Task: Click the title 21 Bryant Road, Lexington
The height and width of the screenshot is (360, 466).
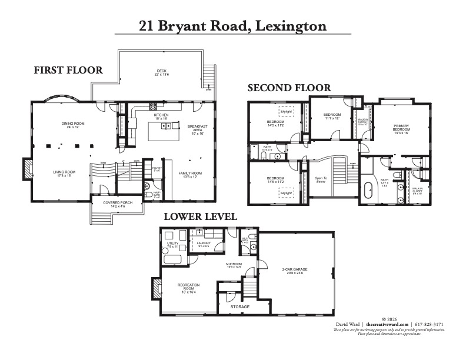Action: pyautogui.click(x=232, y=26)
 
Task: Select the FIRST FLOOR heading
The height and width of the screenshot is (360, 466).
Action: pyautogui.click(x=68, y=70)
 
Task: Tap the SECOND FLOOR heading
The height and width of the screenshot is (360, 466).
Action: pyautogui.click(x=289, y=88)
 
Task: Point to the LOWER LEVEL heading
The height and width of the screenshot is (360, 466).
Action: pyautogui.click(x=200, y=216)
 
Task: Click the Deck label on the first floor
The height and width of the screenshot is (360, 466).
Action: pyautogui.click(x=161, y=71)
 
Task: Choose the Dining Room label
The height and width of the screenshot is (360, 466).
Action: pyautogui.click(x=73, y=124)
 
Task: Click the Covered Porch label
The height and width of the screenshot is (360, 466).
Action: pyautogui.click(x=115, y=203)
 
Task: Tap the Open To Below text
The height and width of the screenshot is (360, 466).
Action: pyautogui.click(x=321, y=180)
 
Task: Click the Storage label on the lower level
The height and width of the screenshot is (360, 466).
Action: pyautogui.click(x=239, y=306)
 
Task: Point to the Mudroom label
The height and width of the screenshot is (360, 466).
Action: pyautogui.click(x=234, y=264)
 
